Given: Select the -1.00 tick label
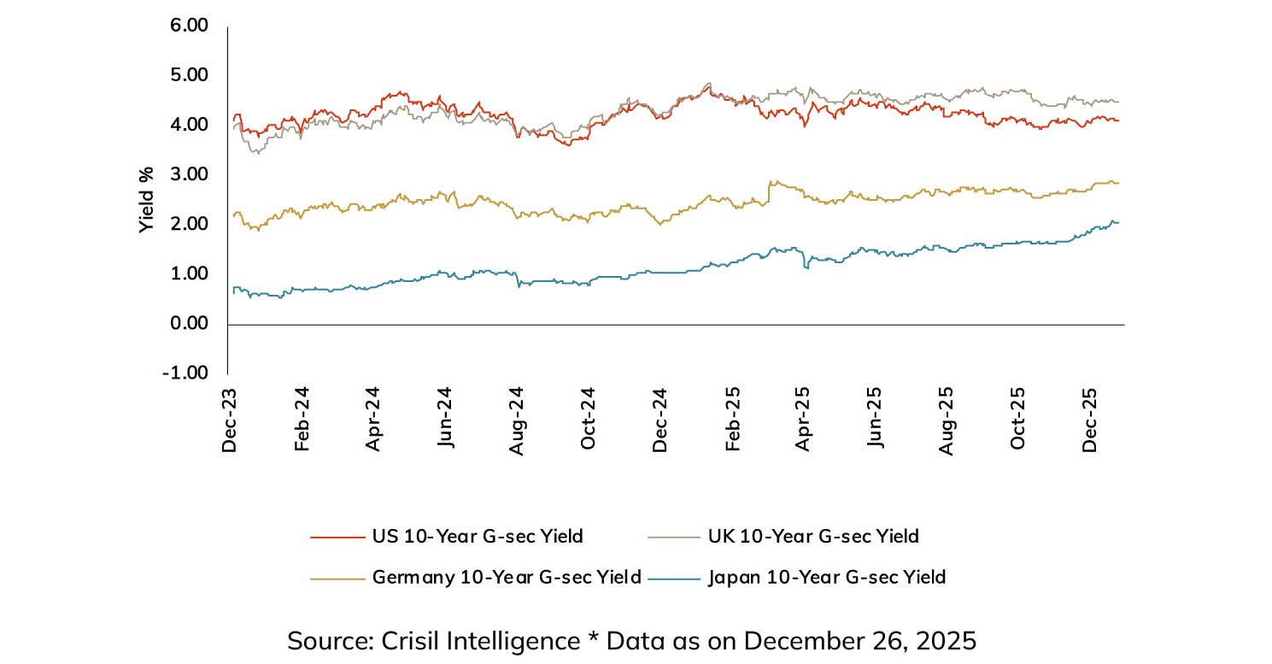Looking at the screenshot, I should [x=186, y=373].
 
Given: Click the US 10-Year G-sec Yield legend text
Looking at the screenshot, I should [x=478, y=537].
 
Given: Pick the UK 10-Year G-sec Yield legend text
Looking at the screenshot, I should [x=813, y=537].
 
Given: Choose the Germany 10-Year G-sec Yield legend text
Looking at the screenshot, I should [x=507, y=578].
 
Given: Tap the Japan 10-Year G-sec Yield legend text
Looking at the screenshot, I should [x=827, y=578].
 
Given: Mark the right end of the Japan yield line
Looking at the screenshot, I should [x=1118, y=223].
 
